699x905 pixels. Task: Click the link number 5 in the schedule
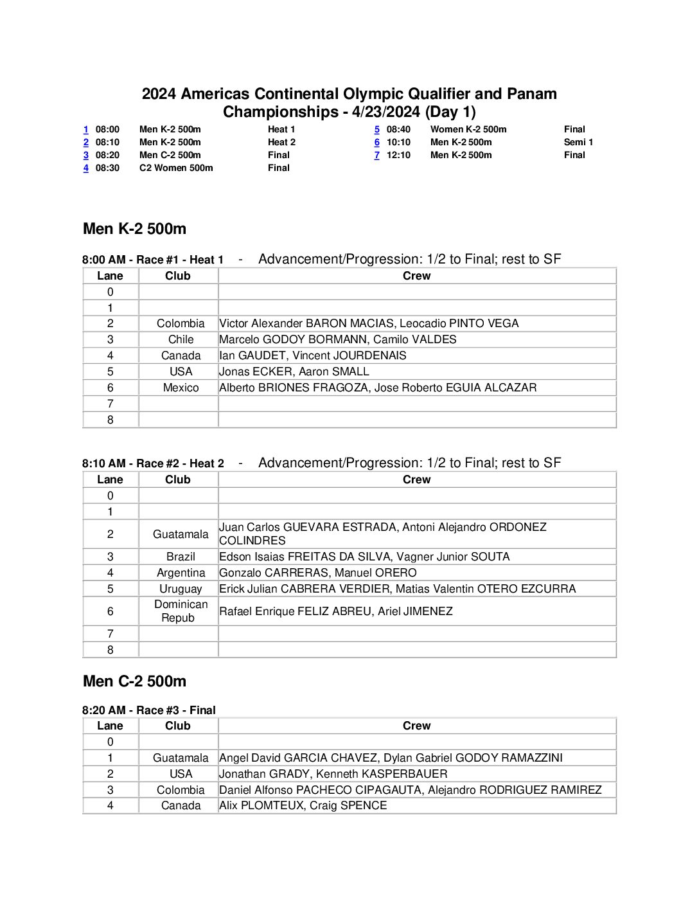(x=377, y=129)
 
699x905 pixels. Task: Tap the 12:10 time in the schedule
(x=398, y=155)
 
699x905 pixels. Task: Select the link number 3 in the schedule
(x=85, y=155)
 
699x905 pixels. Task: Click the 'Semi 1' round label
(x=578, y=142)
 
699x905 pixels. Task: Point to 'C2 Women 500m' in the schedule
(x=176, y=168)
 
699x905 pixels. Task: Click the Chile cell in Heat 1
(x=181, y=339)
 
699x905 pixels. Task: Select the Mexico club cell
(x=181, y=388)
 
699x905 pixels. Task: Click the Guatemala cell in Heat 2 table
(x=181, y=534)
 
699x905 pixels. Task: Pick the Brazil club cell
(x=181, y=557)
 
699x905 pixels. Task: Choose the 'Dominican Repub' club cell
(x=181, y=611)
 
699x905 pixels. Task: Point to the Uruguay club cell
(x=181, y=589)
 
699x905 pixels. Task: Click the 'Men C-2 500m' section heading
(x=134, y=681)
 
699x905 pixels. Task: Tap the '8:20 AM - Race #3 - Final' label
(x=149, y=710)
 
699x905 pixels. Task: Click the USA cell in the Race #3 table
(x=181, y=774)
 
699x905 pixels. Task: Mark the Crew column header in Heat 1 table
(x=416, y=276)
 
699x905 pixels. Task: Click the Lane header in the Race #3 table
(x=110, y=726)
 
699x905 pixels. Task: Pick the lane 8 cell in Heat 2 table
(x=111, y=650)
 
